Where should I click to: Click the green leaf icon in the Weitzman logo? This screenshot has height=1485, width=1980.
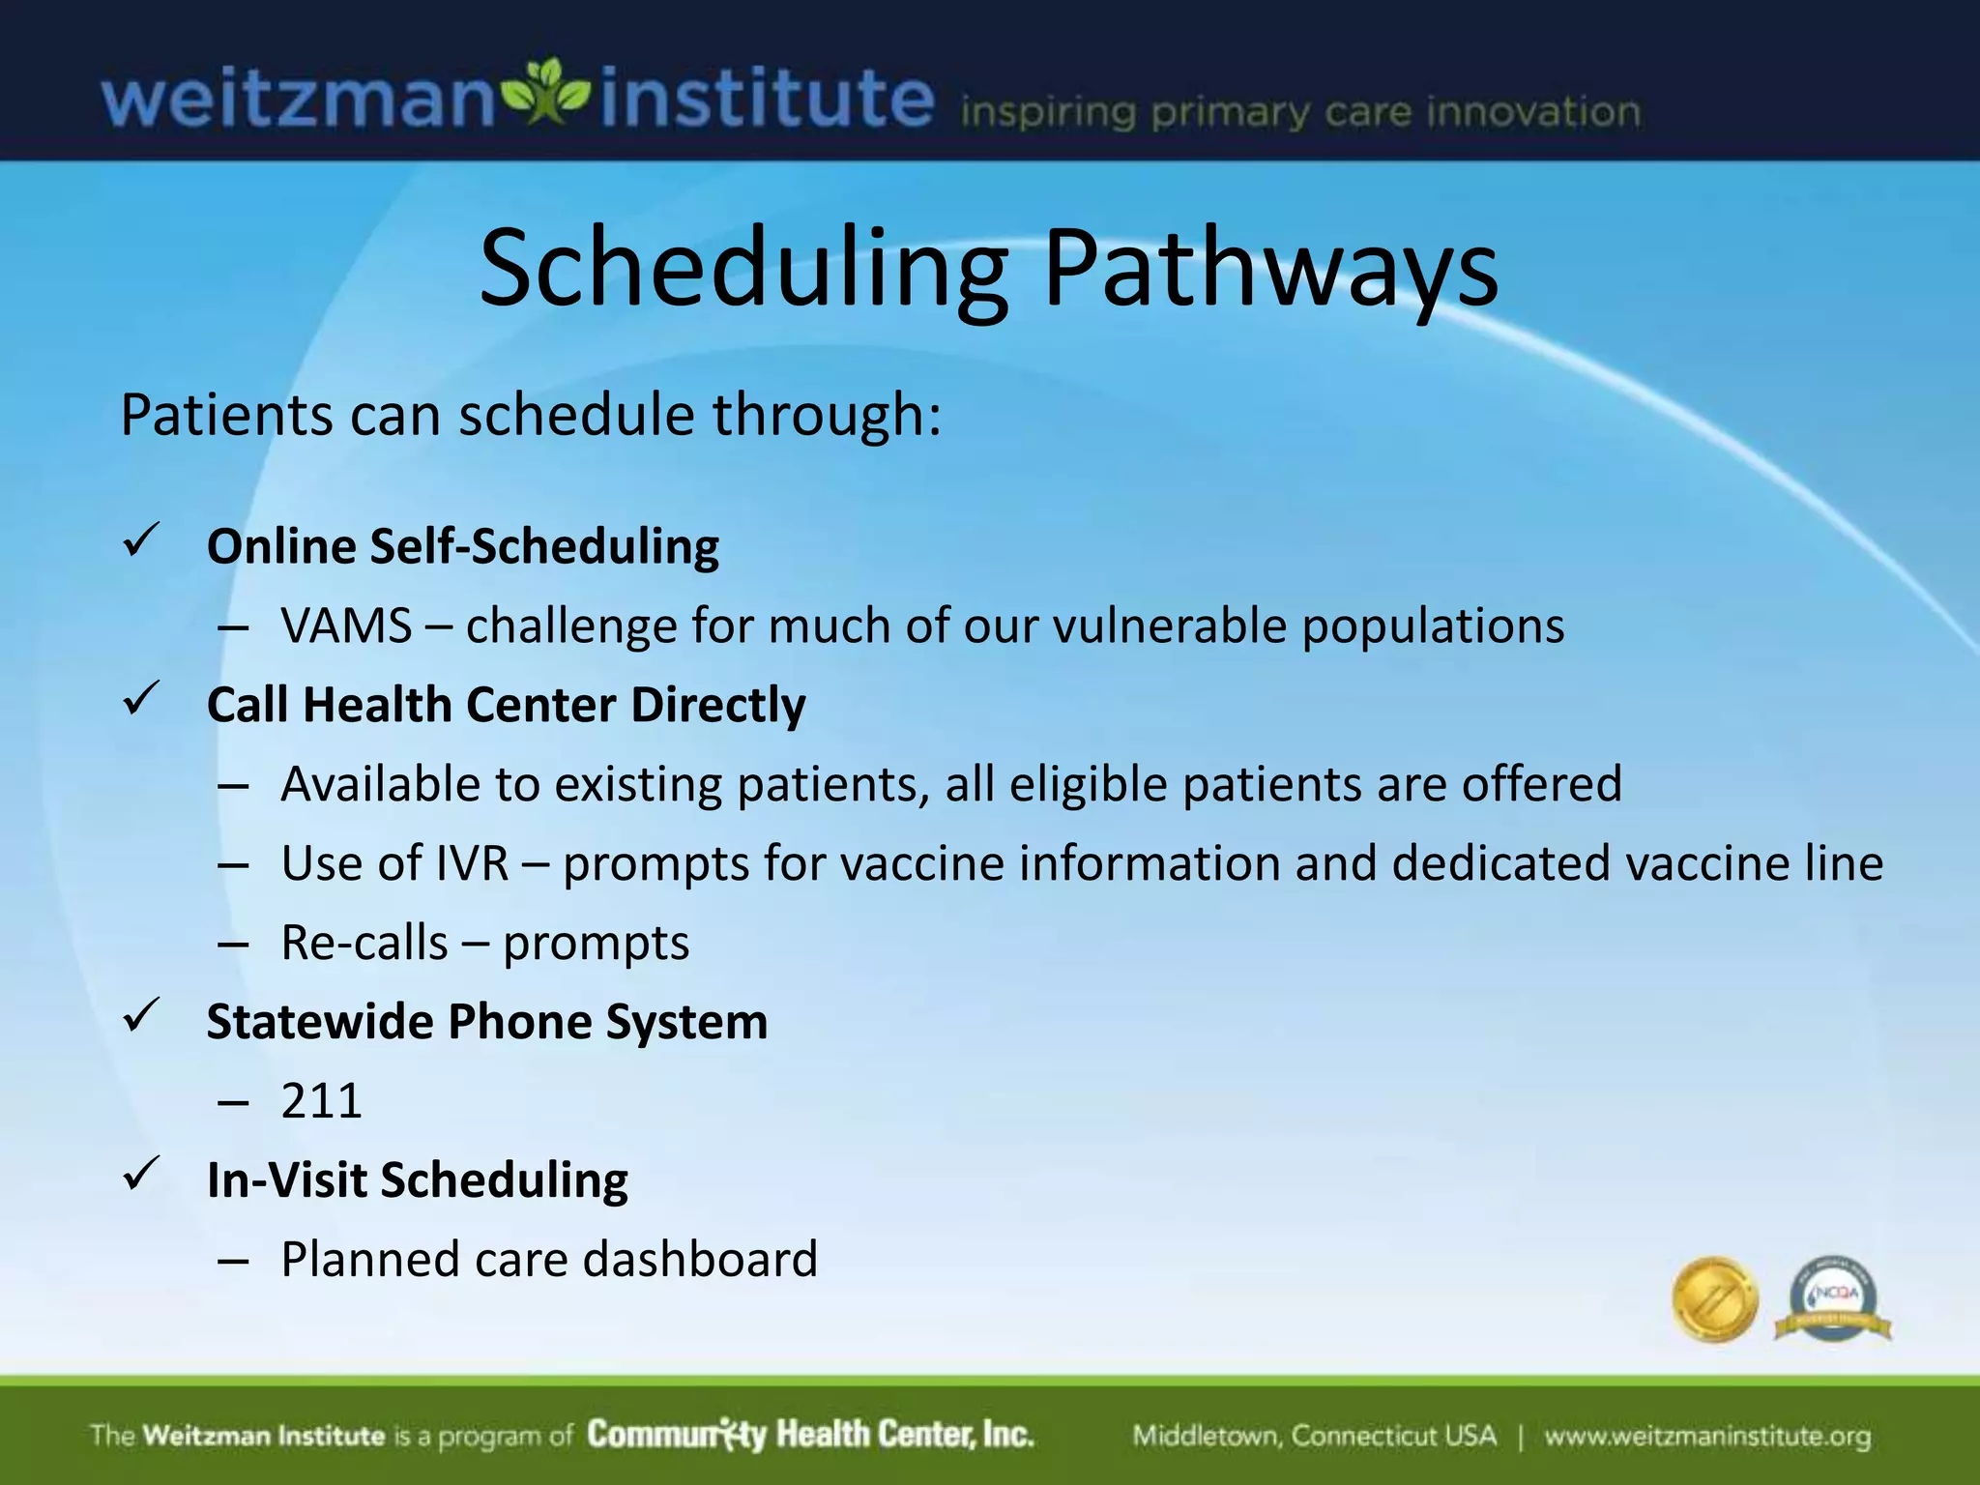(x=547, y=94)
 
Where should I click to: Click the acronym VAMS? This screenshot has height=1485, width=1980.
(x=346, y=626)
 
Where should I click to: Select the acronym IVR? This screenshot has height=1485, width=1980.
(x=471, y=863)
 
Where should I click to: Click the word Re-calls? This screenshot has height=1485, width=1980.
(x=364, y=943)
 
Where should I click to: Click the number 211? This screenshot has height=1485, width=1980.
(x=321, y=1101)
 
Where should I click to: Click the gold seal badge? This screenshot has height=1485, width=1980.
(x=1714, y=1299)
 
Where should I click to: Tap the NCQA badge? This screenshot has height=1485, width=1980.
(x=1833, y=1299)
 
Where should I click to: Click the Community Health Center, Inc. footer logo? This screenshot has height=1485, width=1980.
(x=810, y=1435)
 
